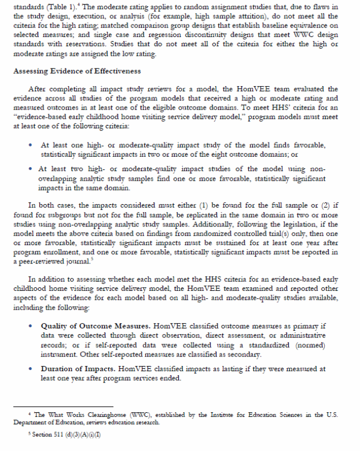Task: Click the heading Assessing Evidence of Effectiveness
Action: click(x=76, y=72)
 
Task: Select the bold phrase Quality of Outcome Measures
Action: click(x=91, y=326)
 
